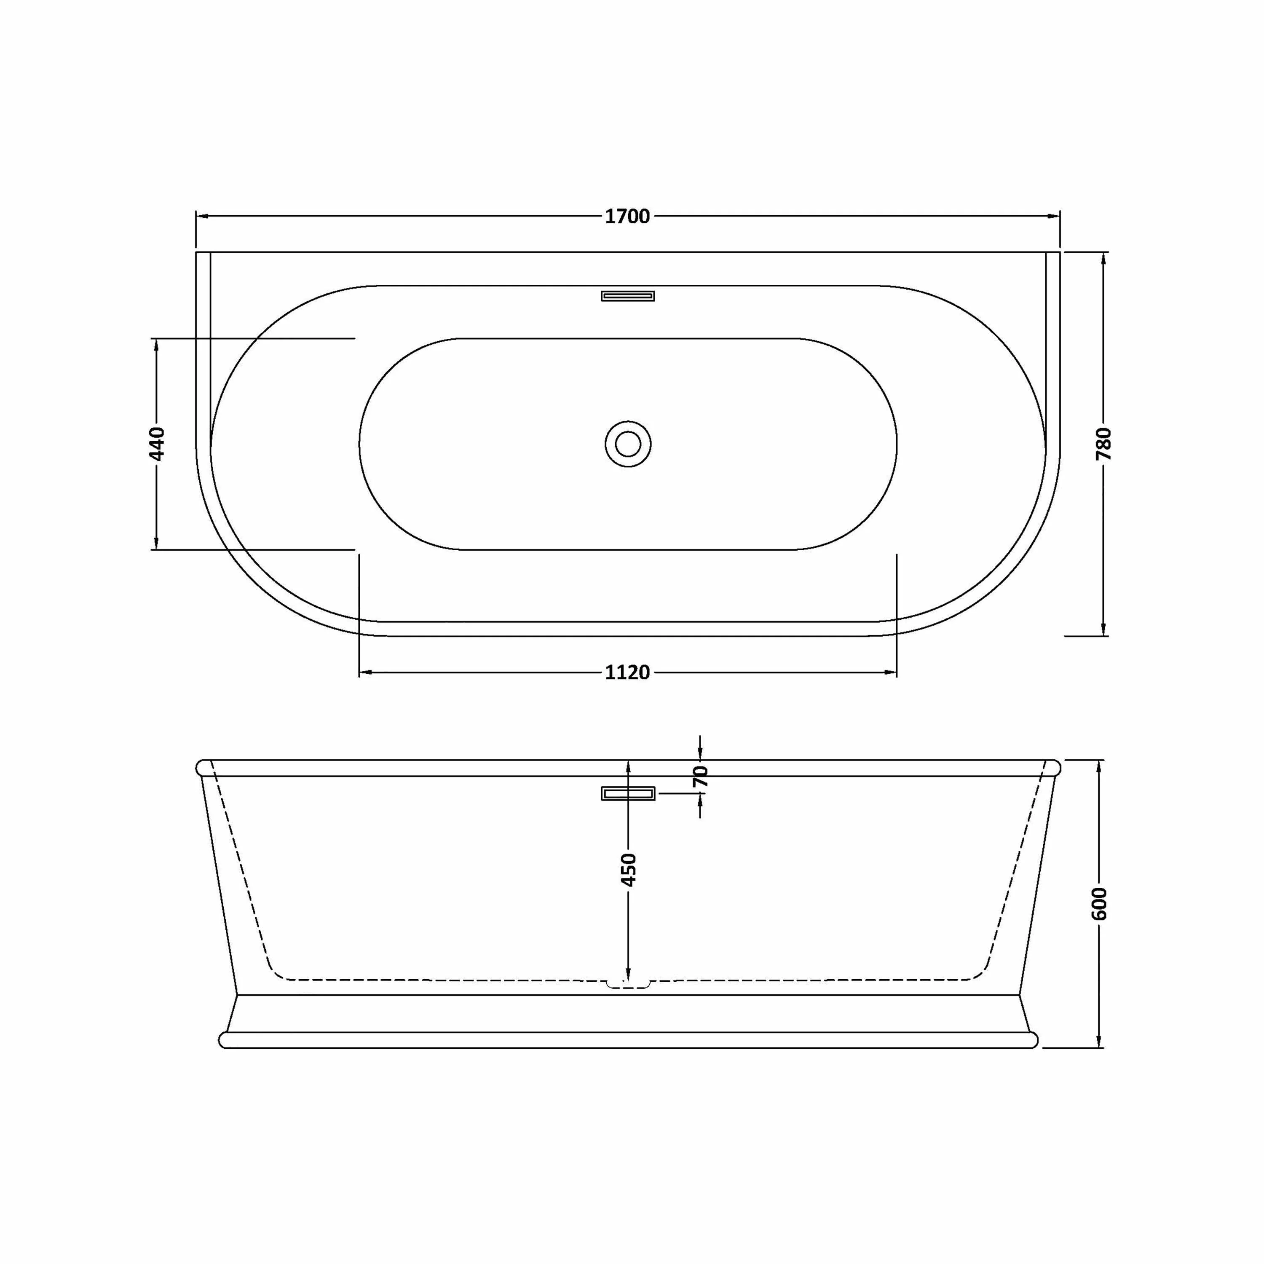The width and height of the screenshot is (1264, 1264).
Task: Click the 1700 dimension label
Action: pos(627,217)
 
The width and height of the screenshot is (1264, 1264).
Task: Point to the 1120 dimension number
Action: pos(627,672)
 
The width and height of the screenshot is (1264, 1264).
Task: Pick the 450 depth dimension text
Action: pos(628,870)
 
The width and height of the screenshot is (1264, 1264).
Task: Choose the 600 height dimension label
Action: pos(1099,903)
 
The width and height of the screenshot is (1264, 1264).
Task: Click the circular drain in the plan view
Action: pos(628,444)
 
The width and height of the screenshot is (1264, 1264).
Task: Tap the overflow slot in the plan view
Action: pos(628,296)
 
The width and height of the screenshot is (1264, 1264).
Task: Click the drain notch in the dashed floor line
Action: pos(628,983)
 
